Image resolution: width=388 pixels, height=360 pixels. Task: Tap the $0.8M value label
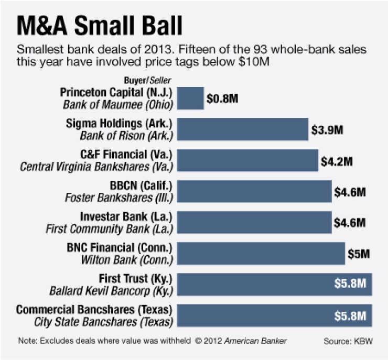point(222,99)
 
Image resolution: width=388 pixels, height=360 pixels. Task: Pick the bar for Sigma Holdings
point(243,129)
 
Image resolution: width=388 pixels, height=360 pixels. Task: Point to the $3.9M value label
point(326,129)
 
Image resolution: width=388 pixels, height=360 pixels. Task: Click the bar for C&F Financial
point(248,160)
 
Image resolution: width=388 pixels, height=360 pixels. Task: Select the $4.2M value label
point(337,160)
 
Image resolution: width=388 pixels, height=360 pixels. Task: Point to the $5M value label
point(359,254)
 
